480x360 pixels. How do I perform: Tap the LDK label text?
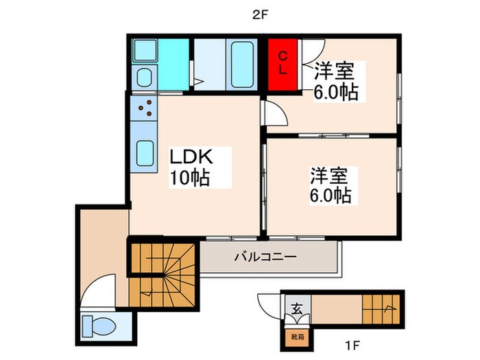(193, 157)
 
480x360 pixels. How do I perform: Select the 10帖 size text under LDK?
(190, 178)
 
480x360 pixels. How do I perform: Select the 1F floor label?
(351, 345)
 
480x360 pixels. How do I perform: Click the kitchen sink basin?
(146, 152)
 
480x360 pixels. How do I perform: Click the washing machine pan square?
(146, 51)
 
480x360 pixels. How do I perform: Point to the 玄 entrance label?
(296, 309)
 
